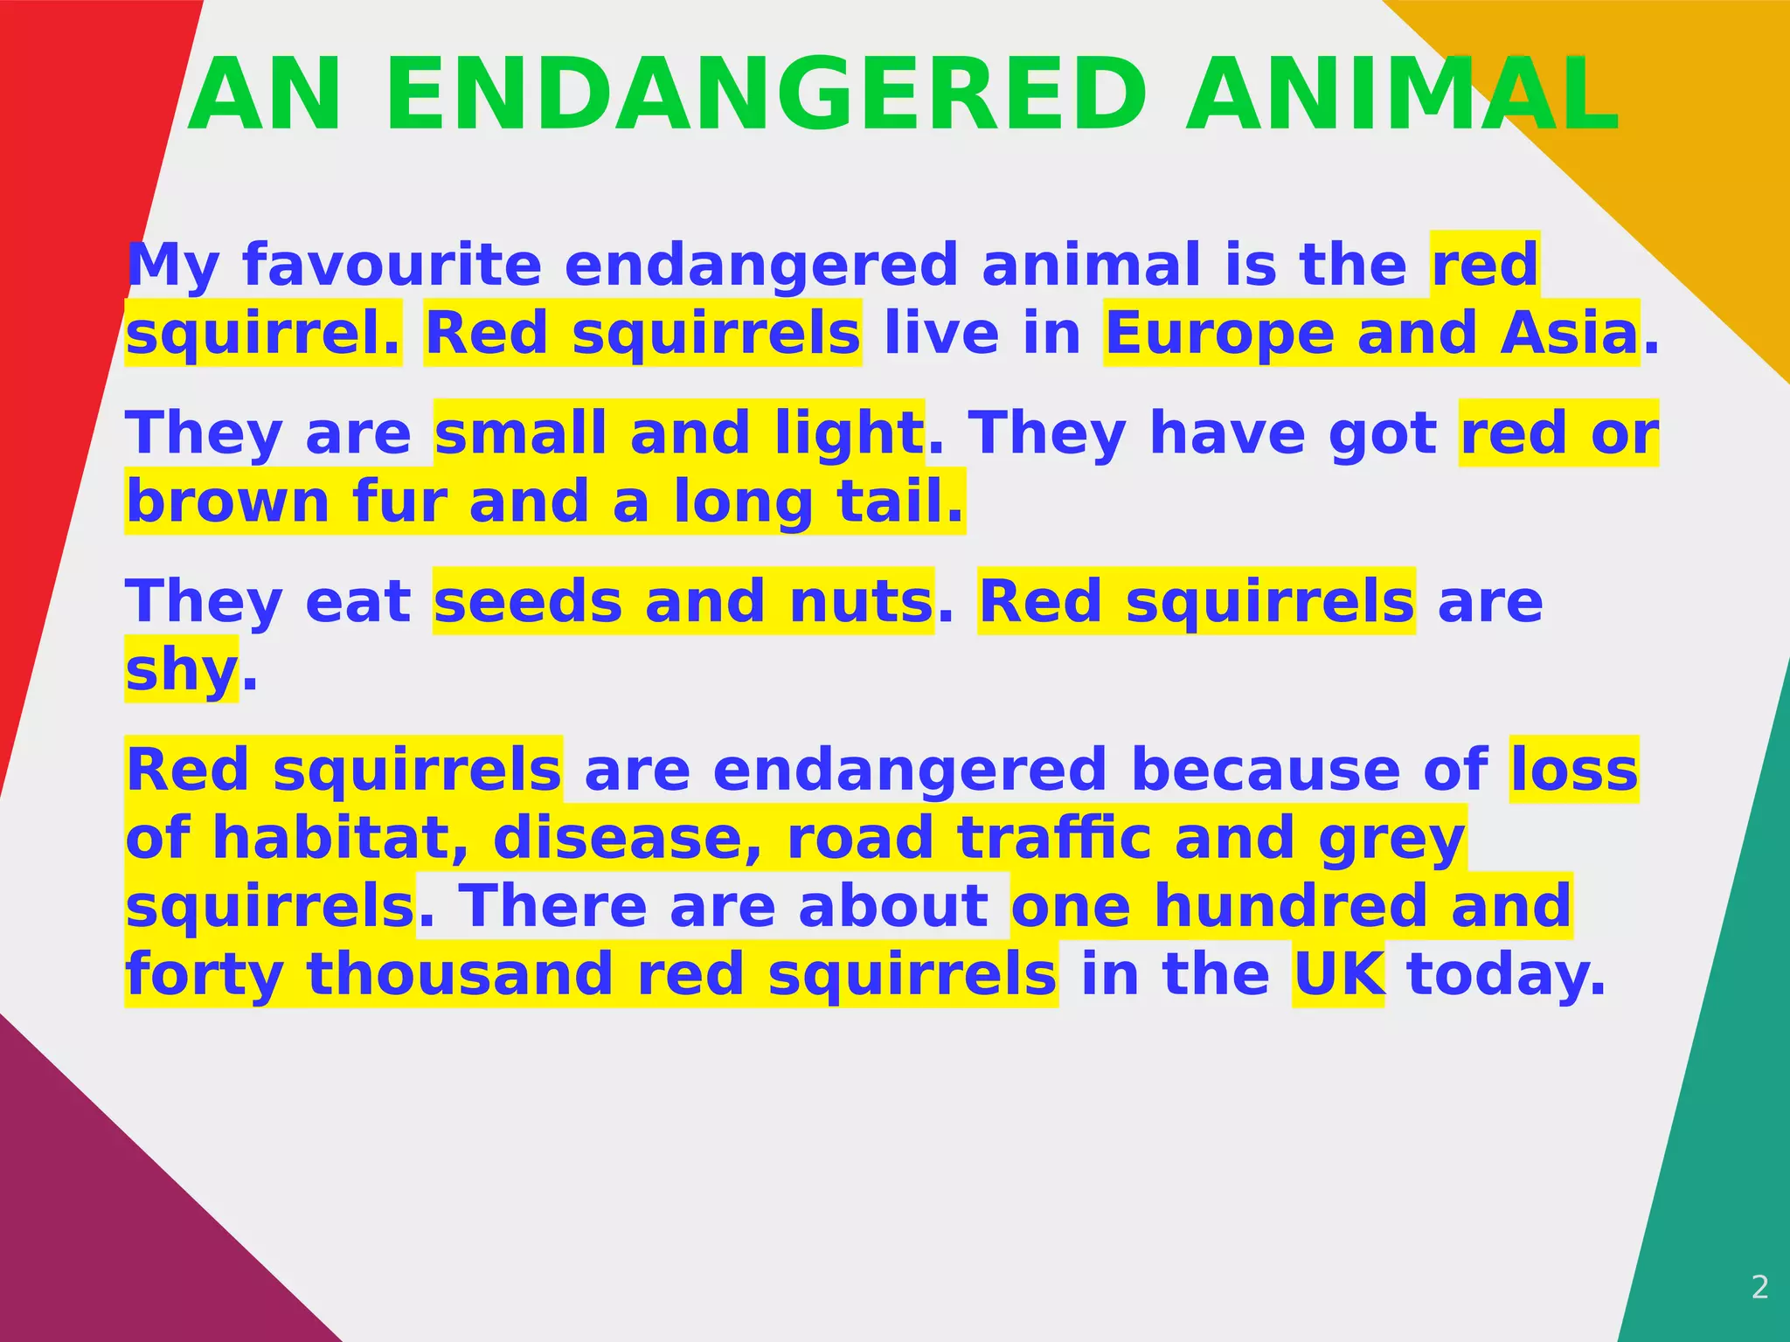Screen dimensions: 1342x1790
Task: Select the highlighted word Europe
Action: [x=1219, y=334]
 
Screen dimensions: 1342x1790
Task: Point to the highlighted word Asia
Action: [x=1569, y=334]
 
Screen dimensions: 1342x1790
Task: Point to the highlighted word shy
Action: [x=182, y=671]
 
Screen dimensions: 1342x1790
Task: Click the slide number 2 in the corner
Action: [x=1760, y=1287]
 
